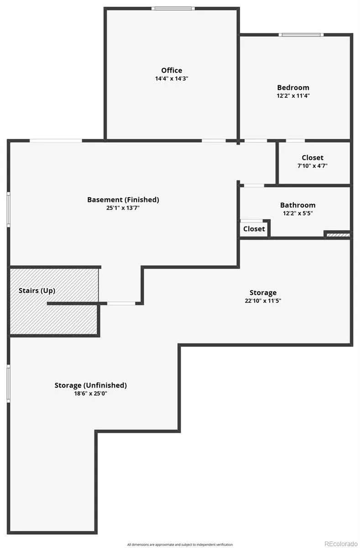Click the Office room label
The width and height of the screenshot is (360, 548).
pos(172,70)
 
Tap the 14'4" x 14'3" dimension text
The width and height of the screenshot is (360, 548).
pos(172,79)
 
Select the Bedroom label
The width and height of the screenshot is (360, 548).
pos(293,87)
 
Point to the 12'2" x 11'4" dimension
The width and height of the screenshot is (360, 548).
pos(293,96)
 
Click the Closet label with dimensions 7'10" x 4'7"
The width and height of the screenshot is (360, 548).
pos(313,158)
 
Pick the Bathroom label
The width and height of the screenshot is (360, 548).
pos(297,205)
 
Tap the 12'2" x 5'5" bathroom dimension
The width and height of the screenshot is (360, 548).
pos(297,213)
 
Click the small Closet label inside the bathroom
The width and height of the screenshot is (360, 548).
pos(254,229)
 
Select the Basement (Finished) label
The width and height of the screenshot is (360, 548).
pos(123,200)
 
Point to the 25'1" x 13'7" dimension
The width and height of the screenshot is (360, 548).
pos(123,208)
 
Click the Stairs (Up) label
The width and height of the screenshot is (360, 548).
pos(37,290)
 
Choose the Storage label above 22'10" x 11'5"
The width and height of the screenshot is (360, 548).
pos(263,292)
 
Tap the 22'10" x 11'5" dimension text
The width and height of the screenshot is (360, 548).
pos(263,301)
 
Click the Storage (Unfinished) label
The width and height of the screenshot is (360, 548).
pos(91,385)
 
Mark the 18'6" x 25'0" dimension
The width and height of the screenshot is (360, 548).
pos(91,393)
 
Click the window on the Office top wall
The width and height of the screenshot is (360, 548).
pos(173,8)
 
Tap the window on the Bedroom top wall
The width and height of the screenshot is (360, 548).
pos(301,35)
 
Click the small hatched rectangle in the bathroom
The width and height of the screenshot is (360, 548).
pos(338,235)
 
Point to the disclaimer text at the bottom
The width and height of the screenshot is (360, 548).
pos(180,544)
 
